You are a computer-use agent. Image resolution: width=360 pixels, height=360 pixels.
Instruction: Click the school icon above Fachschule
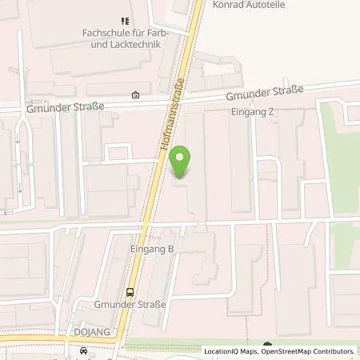[x=124, y=20]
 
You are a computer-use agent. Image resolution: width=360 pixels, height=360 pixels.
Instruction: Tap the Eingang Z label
[x=253, y=112]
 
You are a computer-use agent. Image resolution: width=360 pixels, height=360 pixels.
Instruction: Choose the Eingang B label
[x=152, y=250]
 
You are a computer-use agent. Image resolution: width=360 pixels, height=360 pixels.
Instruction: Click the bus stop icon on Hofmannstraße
[x=129, y=291]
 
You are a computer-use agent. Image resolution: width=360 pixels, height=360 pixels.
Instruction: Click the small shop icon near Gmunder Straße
[x=135, y=94]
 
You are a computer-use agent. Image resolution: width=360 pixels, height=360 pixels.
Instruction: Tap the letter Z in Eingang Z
[x=271, y=112]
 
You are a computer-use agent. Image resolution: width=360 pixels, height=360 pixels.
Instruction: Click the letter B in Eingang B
[x=170, y=250]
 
